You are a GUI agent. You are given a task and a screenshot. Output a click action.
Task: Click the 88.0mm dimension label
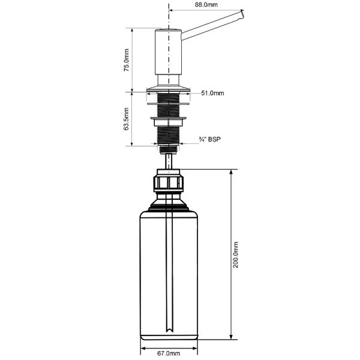206,5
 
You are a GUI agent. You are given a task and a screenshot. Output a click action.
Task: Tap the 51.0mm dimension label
213,93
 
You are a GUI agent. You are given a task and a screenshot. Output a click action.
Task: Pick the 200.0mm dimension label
236,255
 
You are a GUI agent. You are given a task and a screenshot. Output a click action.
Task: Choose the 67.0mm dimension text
170,353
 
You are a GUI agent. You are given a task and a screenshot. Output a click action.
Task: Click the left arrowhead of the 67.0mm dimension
143,347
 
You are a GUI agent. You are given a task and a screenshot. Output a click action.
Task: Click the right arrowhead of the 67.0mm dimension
197,347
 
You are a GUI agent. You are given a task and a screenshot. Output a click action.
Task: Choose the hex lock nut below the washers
170,124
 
